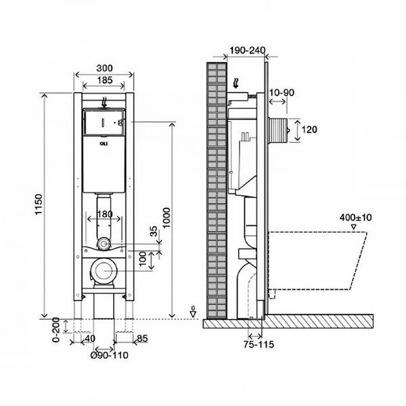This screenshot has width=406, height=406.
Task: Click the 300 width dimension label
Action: [x=105, y=68]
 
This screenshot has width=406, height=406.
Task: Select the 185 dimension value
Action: [x=105, y=81]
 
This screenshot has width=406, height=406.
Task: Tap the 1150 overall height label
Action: [x=39, y=204]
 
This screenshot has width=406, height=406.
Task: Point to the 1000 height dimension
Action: [x=166, y=217]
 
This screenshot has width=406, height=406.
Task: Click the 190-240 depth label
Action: [x=248, y=50]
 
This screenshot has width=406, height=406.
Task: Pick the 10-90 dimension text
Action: [x=281, y=93]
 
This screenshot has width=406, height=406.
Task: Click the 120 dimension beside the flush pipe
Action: [x=309, y=129]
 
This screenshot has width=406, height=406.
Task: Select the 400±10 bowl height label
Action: [x=355, y=217]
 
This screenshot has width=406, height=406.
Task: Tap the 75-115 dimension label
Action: [x=258, y=344]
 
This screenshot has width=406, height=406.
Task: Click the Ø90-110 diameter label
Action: [x=109, y=355]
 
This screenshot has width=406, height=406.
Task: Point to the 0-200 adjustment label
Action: [x=56, y=330]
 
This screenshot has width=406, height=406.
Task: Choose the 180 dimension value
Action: [x=105, y=215]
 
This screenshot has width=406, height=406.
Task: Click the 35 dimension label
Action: [x=154, y=231]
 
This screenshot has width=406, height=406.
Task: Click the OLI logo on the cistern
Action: [x=104, y=144]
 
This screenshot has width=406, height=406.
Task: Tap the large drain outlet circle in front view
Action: [x=104, y=271]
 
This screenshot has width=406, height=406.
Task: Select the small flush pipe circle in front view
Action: [x=104, y=244]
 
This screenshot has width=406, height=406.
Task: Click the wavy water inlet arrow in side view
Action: [x=236, y=83]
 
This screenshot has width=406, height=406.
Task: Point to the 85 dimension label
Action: [x=142, y=338]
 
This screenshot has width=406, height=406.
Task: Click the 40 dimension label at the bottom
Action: [x=90, y=338]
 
